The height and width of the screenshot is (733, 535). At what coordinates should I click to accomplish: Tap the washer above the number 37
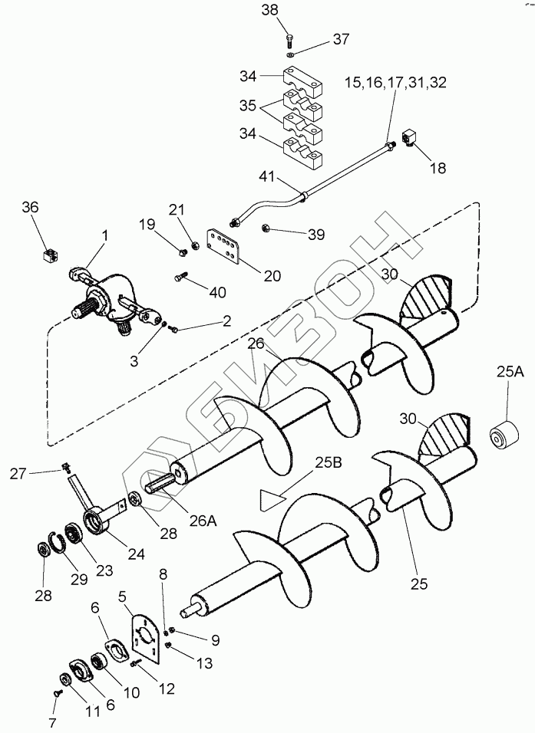point(290,55)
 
